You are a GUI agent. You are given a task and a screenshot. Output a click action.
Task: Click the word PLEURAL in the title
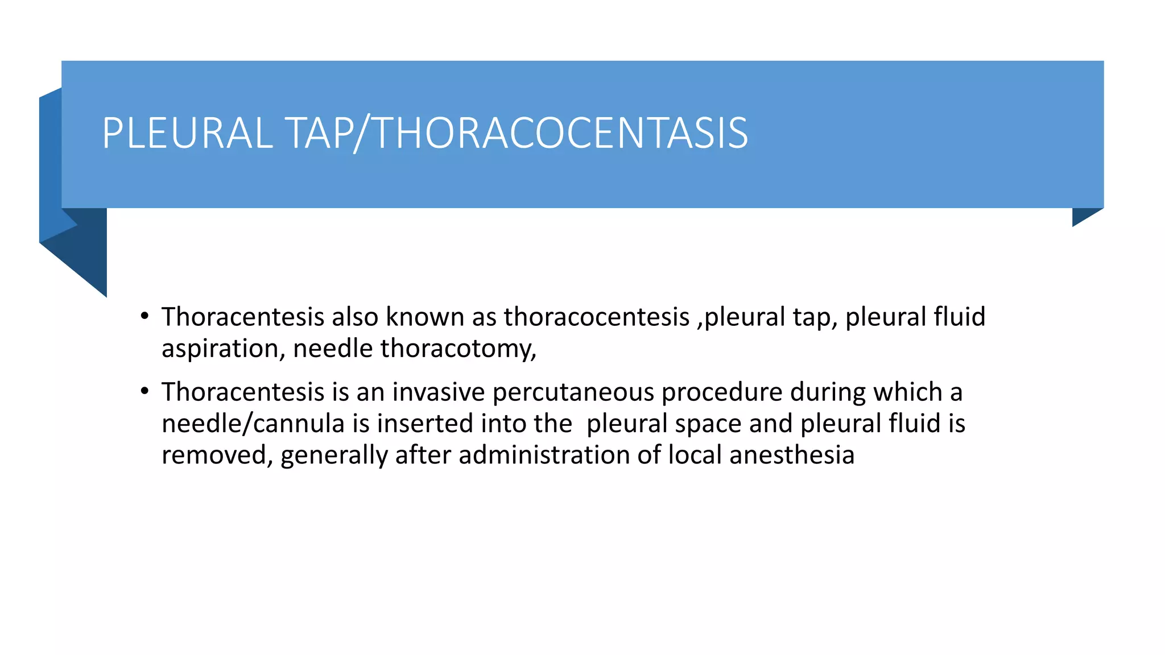tap(188, 133)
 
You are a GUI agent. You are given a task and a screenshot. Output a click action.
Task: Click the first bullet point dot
tap(145, 316)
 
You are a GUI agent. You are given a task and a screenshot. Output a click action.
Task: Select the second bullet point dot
tap(145, 391)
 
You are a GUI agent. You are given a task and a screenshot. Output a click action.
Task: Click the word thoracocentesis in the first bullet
tap(597, 317)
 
